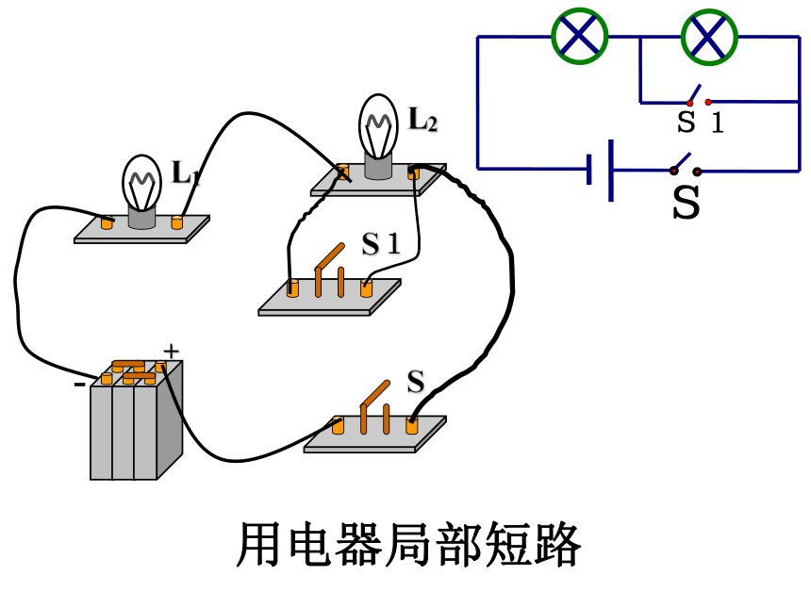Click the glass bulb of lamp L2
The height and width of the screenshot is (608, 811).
[x=378, y=125]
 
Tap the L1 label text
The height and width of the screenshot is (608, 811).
[x=185, y=173]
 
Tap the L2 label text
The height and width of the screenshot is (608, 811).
[x=422, y=120]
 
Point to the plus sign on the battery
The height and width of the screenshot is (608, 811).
[x=172, y=352]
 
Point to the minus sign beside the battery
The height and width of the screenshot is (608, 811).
[x=79, y=385]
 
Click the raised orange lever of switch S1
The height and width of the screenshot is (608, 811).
[x=329, y=256]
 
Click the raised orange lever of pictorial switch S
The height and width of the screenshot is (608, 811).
[x=375, y=393]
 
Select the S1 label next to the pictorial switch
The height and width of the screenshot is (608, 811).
[x=381, y=243]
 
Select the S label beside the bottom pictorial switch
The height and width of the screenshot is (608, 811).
[x=415, y=382]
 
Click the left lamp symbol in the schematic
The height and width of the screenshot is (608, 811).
[x=579, y=36]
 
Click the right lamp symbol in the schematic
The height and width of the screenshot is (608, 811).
[x=709, y=37]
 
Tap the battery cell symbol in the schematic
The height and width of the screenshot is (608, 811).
[x=601, y=170]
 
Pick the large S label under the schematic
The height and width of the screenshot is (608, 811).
[x=687, y=202]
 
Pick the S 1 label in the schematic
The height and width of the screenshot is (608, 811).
[x=701, y=123]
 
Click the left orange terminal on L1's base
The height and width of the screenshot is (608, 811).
[x=108, y=222]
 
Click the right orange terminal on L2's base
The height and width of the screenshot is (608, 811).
[x=413, y=173]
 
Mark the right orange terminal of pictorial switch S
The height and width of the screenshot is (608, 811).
[x=412, y=425]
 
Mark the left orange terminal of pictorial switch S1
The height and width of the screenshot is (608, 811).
[x=292, y=288]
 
